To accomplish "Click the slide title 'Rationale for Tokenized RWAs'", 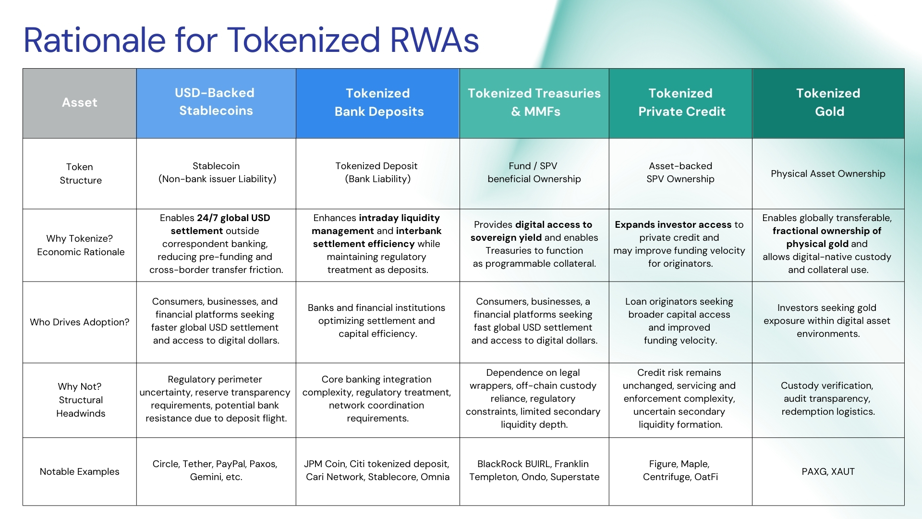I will pyautogui.click(x=251, y=40).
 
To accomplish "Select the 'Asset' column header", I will pyautogui.click(x=80, y=102).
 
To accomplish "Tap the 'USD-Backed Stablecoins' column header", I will pyautogui.click(x=215, y=102).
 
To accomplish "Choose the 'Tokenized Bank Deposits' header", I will pyautogui.click(x=378, y=102).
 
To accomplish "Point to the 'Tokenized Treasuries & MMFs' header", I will pyautogui.click(x=534, y=102).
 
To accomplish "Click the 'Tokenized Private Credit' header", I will pyautogui.click(x=681, y=102).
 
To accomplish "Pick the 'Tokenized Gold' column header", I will pyautogui.click(x=828, y=102).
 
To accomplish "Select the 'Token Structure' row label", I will pyautogui.click(x=80, y=173).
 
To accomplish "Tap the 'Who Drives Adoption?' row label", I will pyautogui.click(x=80, y=322).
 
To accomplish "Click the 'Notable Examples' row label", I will pyautogui.click(x=80, y=471).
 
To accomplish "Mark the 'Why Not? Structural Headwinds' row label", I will pyautogui.click(x=80, y=400).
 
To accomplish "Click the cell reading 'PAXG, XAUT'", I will pyautogui.click(x=828, y=471).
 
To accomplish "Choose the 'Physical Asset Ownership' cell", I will pyautogui.click(x=828, y=173).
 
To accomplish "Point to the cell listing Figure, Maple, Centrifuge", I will pyautogui.click(x=680, y=470).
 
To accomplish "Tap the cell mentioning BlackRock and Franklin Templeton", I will pyautogui.click(x=534, y=470).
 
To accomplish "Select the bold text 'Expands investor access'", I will pyautogui.click(x=673, y=224).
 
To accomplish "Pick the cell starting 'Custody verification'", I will pyautogui.click(x=828, y=398).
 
